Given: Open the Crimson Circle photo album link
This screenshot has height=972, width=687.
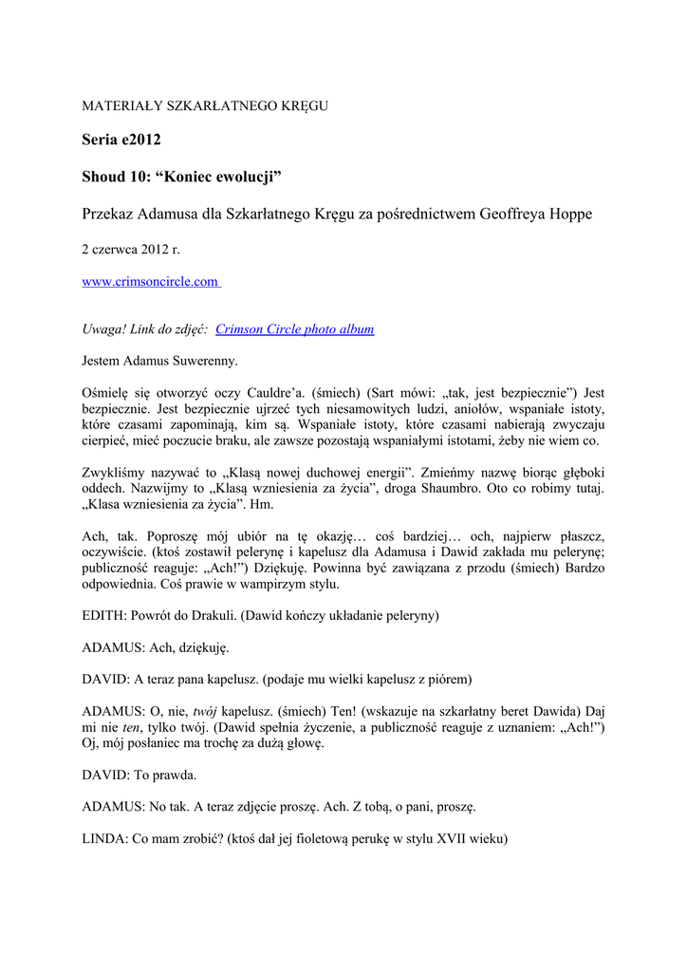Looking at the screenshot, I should [294, 329].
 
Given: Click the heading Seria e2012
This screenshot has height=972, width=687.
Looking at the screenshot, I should [121, 140].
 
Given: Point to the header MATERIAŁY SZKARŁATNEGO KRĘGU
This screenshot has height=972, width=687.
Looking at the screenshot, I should [205, 105].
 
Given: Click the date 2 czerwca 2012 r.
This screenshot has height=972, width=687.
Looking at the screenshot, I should [131, 250].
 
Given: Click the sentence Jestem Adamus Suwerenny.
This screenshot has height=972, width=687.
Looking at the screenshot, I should [160, 361].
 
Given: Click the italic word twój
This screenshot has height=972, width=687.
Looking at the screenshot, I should [205, 711].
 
